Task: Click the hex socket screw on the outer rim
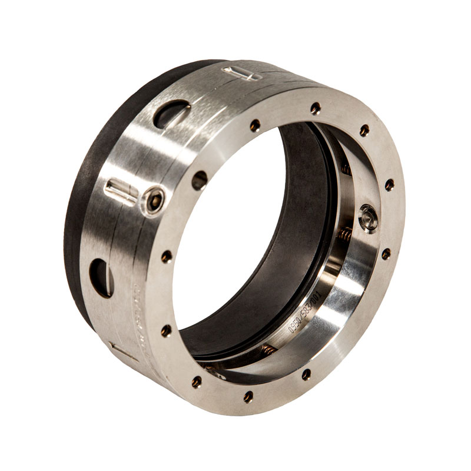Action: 155,200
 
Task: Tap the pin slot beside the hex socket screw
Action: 121,192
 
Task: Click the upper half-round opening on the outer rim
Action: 171,114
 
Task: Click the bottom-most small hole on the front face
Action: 248,396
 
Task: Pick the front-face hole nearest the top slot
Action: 255,125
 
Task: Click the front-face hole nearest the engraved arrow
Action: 167,330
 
